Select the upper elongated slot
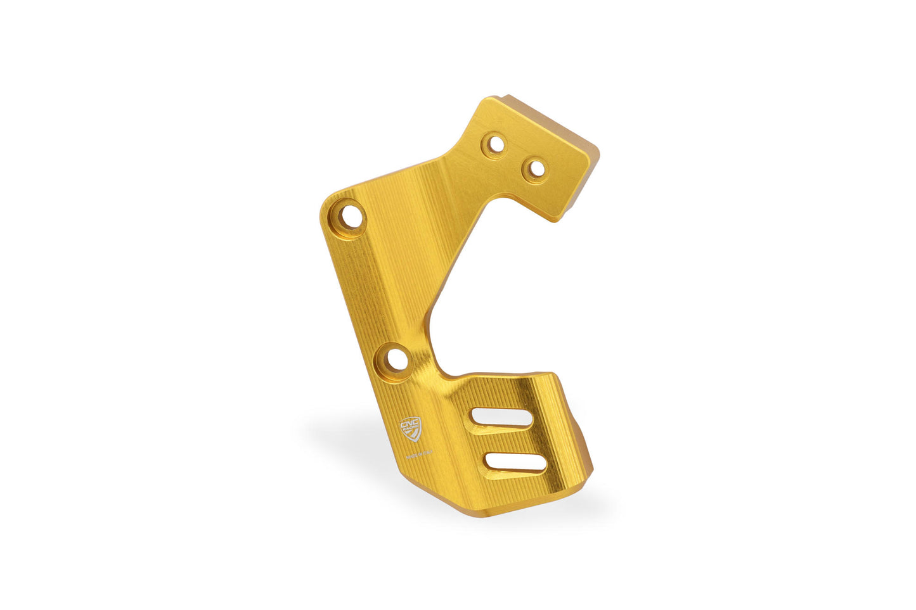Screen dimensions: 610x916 501,418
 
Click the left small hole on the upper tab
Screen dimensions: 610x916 496,145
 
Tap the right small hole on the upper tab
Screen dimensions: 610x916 536,168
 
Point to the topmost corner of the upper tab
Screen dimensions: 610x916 494,98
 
